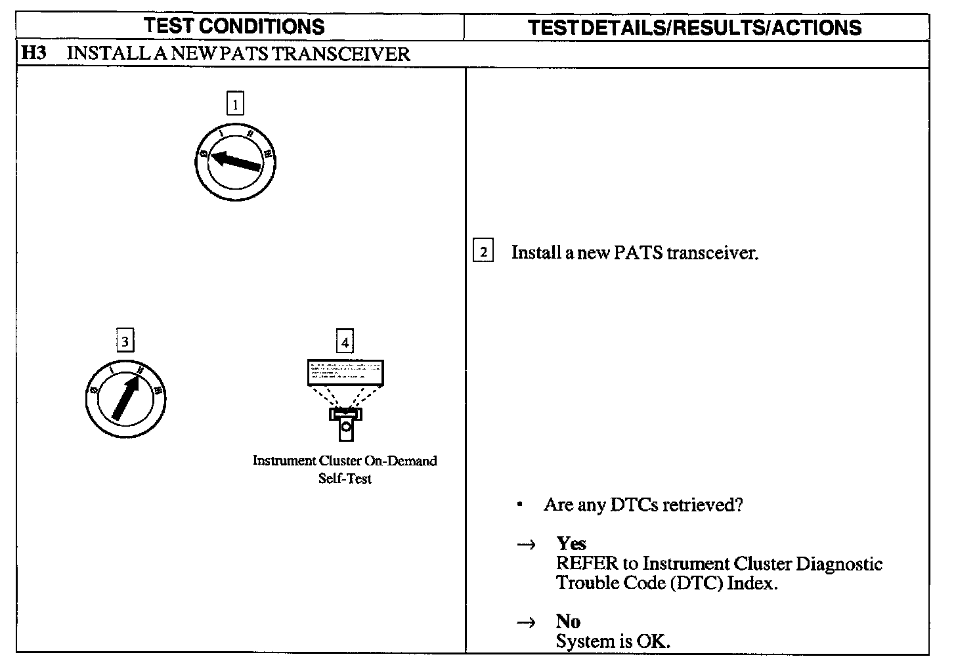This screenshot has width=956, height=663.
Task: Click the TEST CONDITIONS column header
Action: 234,26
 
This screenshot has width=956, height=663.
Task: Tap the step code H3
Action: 34,53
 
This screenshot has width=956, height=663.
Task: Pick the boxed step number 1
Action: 235,103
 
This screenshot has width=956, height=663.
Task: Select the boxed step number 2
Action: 483,252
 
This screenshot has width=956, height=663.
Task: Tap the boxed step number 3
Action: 125,341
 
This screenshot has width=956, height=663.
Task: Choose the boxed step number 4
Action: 345,341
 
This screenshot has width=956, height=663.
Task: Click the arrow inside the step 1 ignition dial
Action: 236,161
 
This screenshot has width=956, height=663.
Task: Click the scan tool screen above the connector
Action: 345,372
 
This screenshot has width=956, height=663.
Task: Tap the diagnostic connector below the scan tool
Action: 345,423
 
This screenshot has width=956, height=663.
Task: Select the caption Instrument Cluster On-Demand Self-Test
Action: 345,469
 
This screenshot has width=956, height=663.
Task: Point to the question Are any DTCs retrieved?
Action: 643,505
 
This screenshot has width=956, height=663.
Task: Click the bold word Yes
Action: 571,544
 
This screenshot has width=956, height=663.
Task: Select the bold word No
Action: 568,621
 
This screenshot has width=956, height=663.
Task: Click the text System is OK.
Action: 613,641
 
